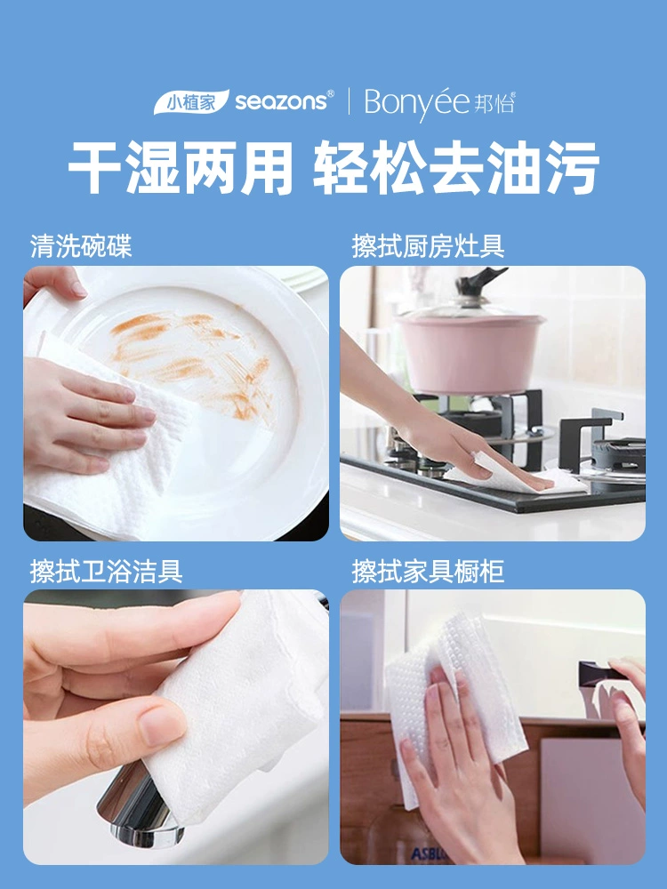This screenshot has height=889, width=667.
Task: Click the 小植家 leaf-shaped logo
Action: point(191,102)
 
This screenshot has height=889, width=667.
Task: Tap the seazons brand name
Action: point(282,101)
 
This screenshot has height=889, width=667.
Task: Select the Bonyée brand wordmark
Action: point(417,102)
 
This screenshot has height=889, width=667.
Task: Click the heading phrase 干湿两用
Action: point(181,168)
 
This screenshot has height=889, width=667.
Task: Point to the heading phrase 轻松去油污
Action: point(456,168)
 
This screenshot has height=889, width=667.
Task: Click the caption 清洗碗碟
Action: point(81,246)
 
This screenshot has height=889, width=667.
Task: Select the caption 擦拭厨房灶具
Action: point(429,246)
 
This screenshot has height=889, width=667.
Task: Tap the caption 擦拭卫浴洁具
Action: point(107,571)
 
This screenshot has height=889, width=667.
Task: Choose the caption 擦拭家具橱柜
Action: point(429,571)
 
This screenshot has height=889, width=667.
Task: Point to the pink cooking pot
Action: point(470,351)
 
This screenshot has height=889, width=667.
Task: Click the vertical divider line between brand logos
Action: point(349,102)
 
